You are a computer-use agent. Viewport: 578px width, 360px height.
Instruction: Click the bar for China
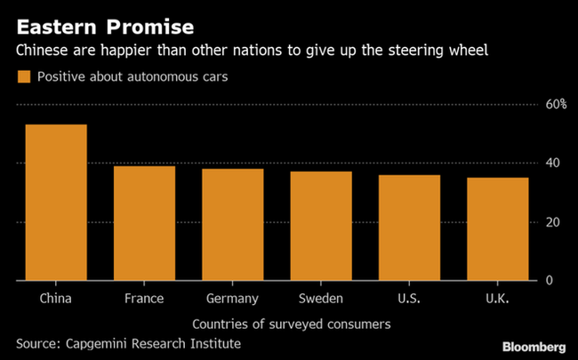click(x=56, y=203)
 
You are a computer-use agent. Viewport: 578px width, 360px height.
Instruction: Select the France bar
click(x=144, y=223)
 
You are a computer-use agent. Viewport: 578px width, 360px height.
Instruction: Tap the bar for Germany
click(x=232, y=224)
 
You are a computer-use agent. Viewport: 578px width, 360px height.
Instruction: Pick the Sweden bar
click(x=320, y=226)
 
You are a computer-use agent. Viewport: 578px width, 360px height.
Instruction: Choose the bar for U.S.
click(x=409, y=228)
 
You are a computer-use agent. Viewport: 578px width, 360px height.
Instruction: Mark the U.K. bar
click(x=497, y=228)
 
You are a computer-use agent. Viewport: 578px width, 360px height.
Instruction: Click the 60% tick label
click(x=556, y=104)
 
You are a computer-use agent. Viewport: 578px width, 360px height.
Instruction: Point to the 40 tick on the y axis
click(x=552, y=163)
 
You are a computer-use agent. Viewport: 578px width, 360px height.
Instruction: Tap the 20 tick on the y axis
click(x=552, y=221)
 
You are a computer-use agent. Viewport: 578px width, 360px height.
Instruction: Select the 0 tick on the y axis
click(x=550, y=280)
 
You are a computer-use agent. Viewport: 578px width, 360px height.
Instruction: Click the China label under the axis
click(x=56, y=298)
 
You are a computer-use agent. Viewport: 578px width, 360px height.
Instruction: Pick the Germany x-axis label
click(x=232, y=298)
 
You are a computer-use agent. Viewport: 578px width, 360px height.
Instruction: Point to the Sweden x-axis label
click(x=320, y=298)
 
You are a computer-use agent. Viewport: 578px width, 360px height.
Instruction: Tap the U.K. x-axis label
click(x=497, y=298)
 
